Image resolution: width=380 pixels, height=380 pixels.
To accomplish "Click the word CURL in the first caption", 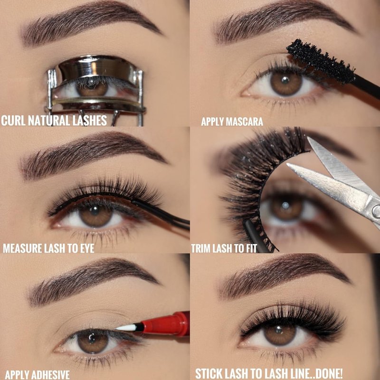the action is point(14,121).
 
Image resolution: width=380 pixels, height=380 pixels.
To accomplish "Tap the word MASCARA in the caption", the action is point(244,122).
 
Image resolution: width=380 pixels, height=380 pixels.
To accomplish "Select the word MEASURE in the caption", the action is point(22,248).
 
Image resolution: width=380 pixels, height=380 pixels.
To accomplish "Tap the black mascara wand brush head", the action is point(320,61).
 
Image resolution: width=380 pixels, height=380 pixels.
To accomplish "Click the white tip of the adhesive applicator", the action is point(126,328).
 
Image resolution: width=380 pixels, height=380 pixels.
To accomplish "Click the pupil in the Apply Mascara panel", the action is point(285,80).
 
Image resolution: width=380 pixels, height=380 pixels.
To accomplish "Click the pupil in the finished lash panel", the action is point(279,330).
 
